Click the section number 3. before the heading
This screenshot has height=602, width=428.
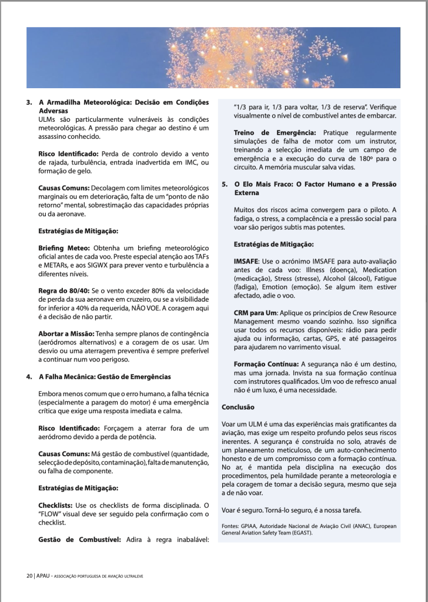click(x=29, y=102)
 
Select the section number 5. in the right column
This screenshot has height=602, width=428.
click(x=225, y=184)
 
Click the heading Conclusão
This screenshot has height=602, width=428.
click(x=238, y=406)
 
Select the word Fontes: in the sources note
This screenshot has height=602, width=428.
click(x=230, y=525)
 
